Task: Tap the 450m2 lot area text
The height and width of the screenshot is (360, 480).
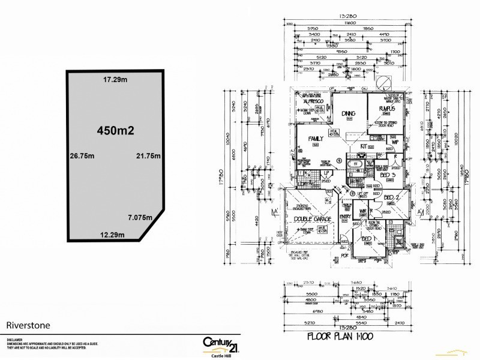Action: tap(114, 130)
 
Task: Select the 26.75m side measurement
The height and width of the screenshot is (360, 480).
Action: tap(83, 155)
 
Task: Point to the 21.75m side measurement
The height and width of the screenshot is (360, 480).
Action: tap(149, 155)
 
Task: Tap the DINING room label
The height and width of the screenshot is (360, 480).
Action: tap(349, 113)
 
